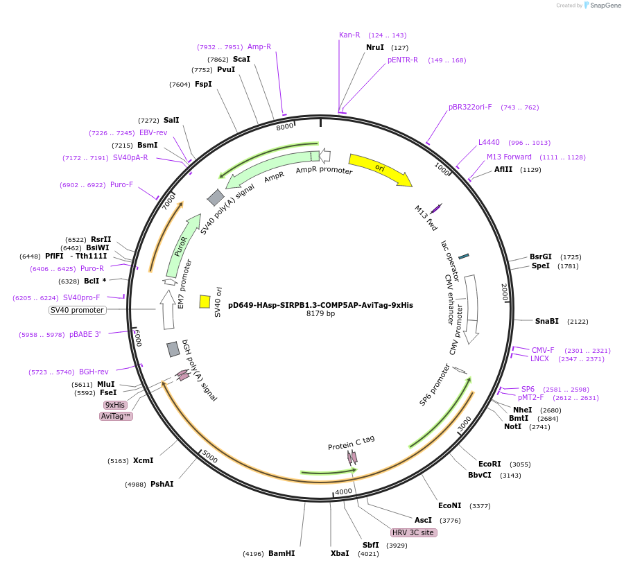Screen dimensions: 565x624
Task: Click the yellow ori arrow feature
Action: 379,169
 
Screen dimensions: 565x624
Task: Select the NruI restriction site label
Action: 375,47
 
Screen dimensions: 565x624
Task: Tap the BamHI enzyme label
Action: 281,553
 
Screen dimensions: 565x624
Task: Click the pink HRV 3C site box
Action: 414,532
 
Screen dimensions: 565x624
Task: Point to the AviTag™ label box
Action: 116,416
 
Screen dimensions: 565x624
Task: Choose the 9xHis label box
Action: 115,405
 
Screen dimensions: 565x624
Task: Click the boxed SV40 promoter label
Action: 77,310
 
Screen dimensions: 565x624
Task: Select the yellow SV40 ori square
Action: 205,302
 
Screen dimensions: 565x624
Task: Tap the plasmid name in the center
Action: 320,304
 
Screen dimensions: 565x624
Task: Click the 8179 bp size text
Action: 320,313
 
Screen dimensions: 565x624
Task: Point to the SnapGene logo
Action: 602,6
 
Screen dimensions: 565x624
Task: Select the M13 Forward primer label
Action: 509,157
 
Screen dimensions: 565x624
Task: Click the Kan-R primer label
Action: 349,35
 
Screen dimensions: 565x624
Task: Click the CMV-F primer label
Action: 543,350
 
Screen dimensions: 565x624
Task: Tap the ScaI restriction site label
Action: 241,59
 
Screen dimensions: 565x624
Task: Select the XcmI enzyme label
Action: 143,460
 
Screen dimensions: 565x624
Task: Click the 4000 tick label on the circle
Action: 343,492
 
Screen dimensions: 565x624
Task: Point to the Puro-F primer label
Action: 121,184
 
